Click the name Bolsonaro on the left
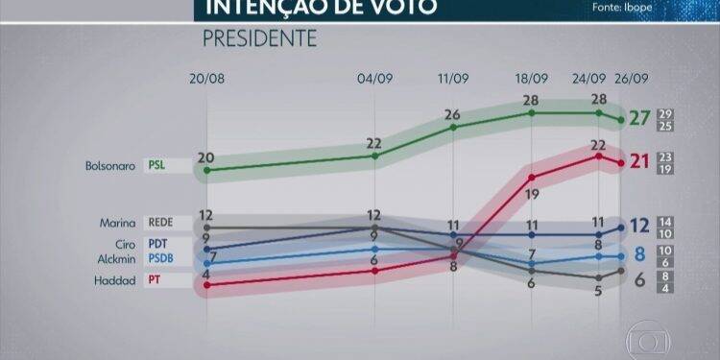tap(111, 165)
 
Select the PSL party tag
tap(157, 165)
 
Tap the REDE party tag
tap(160, 223)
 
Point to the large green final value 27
tap(638, 120)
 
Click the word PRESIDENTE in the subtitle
tap(259, 39)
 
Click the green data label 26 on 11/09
tap(453, 115)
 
